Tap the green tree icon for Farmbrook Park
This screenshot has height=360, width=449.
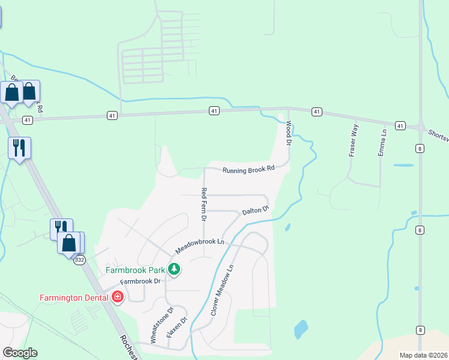[173, 269]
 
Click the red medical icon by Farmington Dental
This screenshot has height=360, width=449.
[118, 296]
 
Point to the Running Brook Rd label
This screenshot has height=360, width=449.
[248, 170]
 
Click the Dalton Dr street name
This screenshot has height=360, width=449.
[255, 212]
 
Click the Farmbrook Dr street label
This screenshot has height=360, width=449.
[140, 281]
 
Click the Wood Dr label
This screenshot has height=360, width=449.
[289, 134]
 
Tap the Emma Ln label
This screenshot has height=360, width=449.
[382, 142]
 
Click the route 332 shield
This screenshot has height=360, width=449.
[79, 259]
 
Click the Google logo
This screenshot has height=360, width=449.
[20, 353]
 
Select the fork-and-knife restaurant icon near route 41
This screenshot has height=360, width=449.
[19, 147]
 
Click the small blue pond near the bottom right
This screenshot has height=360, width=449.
[300, 329]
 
